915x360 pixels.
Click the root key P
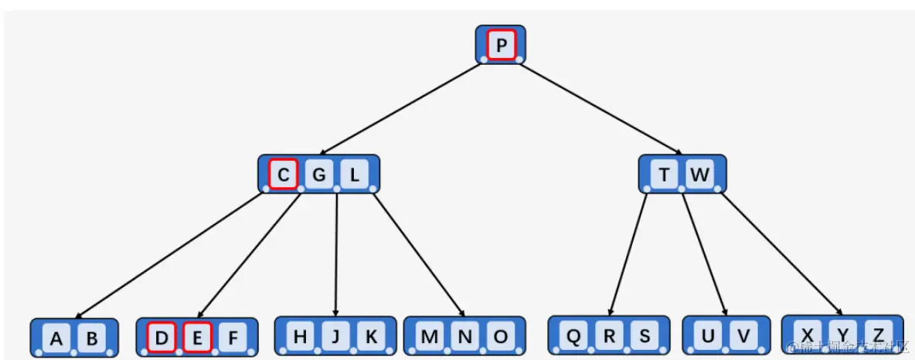501,46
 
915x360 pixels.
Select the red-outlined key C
283,175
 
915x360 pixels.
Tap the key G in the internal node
318,175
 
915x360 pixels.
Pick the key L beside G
354,175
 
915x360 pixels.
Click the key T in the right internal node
664,175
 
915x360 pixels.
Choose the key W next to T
699,175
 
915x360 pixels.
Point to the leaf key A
56,338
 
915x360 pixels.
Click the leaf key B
91,338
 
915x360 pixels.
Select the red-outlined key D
162,338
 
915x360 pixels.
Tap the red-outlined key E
197,338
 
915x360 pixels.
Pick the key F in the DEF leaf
233,338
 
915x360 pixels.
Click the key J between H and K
335,336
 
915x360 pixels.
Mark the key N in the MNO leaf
464,336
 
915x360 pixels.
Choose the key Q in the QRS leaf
573,336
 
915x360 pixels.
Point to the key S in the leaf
645,336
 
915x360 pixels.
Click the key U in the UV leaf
707,336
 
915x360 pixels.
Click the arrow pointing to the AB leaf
170,254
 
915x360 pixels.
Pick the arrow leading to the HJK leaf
336,254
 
